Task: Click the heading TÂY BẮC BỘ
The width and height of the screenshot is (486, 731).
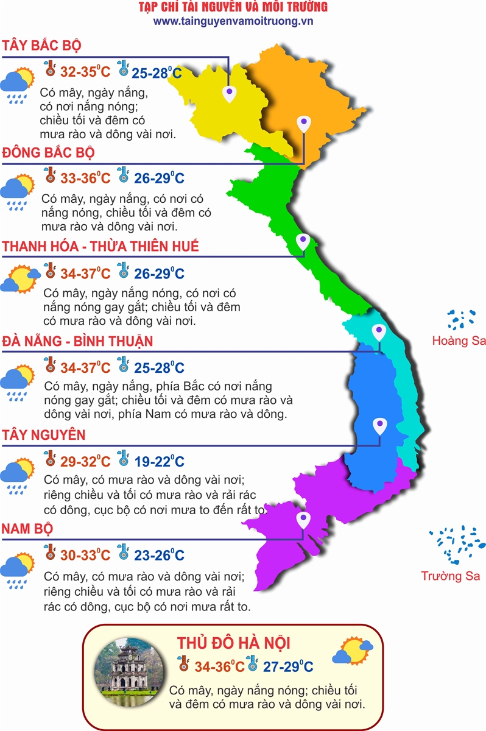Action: click(42, 46)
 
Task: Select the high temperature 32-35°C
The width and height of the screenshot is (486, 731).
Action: click(86, 72)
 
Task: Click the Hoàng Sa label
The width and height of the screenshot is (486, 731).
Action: click(459, 341)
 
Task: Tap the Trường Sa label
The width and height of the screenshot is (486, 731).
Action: click(451, 576)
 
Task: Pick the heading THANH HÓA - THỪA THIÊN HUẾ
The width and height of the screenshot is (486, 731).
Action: click(101, 247)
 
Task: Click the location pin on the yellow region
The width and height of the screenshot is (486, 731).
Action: click(229, 94)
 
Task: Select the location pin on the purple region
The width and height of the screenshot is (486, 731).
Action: click(303, 520)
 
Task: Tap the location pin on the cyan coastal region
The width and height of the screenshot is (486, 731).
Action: click(379, 332)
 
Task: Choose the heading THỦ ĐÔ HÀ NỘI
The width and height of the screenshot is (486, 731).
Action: click(233, 643)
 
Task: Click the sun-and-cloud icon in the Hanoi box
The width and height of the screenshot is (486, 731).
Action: click(353, 651)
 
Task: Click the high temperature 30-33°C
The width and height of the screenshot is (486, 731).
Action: click(86, 556)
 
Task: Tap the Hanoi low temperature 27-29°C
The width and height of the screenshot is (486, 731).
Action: click(288, 666)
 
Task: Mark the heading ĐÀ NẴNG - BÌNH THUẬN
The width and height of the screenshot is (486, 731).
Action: click(77, 341)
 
